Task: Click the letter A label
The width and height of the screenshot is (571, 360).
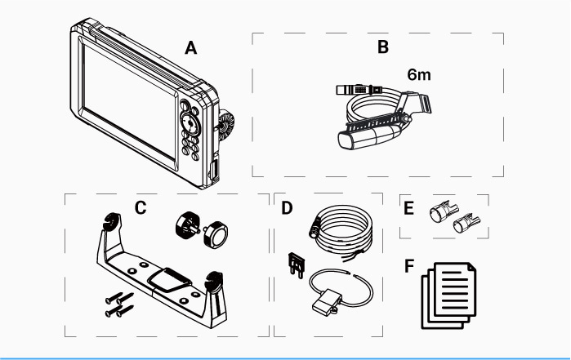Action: tap(191, 47)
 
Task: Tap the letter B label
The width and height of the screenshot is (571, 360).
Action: tap(383, 47)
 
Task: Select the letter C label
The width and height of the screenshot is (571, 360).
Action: tap(141, 208)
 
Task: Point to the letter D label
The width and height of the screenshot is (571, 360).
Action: tap(287, 208)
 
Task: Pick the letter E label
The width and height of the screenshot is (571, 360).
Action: tap(409, 208)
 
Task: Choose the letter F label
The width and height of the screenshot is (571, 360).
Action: tap(409, 266)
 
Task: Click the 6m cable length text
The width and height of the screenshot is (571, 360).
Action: tap(419, 74)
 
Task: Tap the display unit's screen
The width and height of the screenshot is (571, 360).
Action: tap(129, 104)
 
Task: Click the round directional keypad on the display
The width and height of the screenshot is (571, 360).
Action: tap(190, 124)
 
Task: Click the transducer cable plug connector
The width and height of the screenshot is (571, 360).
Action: tap(359, 89)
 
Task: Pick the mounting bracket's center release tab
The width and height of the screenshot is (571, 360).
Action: tap(169, 279)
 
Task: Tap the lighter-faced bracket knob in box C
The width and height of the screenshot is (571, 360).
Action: tap(216, 235)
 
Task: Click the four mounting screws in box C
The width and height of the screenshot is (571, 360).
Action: tap(119, 304)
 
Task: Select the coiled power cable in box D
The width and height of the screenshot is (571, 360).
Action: tap(342, 230)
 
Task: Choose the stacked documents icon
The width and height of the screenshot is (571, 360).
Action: tap(449, 296)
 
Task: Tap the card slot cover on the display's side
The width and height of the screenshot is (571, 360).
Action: tap(214, 168)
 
